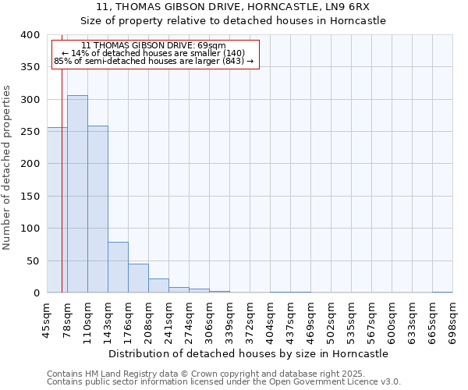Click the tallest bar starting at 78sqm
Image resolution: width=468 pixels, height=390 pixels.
point(77,194)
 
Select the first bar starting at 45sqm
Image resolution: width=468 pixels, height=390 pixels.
point(57,211)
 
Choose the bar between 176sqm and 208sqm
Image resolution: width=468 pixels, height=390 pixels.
point(138,278)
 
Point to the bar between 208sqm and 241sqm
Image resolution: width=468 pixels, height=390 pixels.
point(158,285)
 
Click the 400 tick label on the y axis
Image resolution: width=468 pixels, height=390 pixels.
point(30,35)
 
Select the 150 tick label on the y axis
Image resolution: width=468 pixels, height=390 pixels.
point(30,197)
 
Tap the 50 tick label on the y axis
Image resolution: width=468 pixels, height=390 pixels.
point(34,261)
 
